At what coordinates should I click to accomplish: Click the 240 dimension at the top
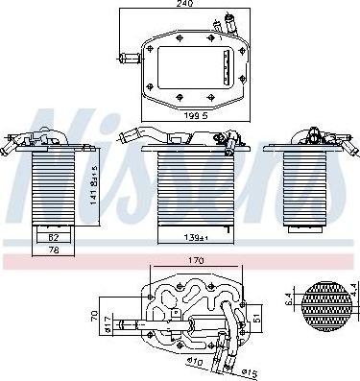click(182, 5)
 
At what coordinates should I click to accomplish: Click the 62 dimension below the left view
click(53, 235)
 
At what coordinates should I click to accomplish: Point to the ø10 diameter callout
click(197, 362)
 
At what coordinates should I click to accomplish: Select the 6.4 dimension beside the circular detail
click(289, 299)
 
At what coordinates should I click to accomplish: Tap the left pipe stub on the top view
click(124, 58)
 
